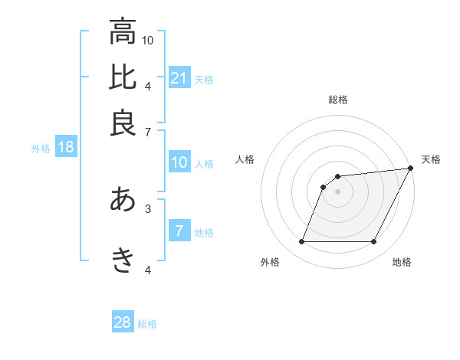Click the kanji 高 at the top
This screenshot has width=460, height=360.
click(123, 32)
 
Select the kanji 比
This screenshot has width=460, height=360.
click(123, 77)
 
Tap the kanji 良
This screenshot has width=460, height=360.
click(123, 123)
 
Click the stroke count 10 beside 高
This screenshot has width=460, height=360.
click(148, 40)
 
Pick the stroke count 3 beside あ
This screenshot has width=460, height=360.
click(148, 208)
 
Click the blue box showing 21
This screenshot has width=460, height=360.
click(179, 77)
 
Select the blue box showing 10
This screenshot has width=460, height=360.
click(179, 162)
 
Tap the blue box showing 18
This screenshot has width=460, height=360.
click(65, 147)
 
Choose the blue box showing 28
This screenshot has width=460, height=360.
click(123, 322)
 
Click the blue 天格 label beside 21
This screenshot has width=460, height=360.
click(204, 78)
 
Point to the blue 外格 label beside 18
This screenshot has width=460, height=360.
click(41, 148)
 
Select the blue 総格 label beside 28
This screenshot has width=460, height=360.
click(147, 323)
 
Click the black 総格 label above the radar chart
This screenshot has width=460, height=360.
click(338, 100)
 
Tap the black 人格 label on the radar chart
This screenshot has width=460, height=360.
click(245, 159)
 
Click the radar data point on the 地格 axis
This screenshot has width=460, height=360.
click(373, 242)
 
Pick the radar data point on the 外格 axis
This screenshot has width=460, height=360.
click(301, 242)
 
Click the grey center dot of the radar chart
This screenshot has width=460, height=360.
click(337, 192)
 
